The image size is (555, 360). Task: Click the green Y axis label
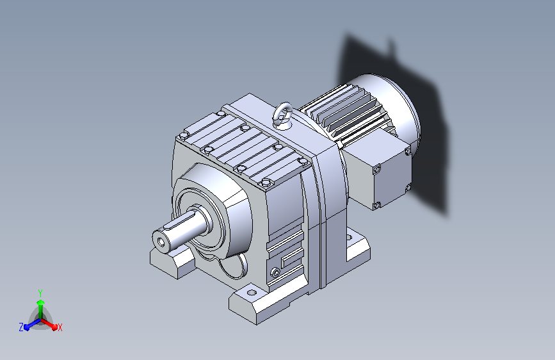(40, 293)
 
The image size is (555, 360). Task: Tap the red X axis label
(60, 328)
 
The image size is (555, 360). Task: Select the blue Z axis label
(21, 327)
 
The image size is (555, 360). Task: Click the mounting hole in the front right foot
(252, 293)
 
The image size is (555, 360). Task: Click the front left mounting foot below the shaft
(172, 261)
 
